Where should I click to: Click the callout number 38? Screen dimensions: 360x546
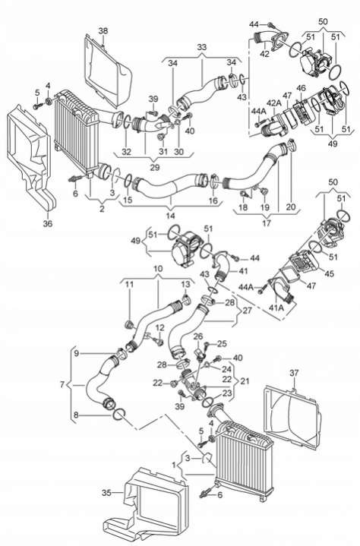(103, 30)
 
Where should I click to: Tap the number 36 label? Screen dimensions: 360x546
(48, 223)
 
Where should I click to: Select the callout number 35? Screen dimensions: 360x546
(106, 493)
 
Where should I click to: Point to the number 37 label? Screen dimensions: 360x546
(294, 373)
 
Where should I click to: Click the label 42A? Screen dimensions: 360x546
(274, 103)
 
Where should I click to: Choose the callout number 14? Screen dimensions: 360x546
(170, 216)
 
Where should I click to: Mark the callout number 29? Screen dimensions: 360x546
(155, 167)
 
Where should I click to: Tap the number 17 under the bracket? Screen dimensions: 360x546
(267, 223)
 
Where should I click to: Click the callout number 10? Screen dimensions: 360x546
(158, 269)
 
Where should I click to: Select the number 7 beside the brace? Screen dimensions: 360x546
(62, 385)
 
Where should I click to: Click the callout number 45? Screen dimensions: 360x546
(329, 273)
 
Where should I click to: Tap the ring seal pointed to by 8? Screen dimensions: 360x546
(119, 415)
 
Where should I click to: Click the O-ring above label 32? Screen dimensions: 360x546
(127, 122)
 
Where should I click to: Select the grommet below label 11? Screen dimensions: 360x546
(130, 326)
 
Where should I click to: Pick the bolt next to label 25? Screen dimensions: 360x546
(206, 346)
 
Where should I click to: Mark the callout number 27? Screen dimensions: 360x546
(247, 310)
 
